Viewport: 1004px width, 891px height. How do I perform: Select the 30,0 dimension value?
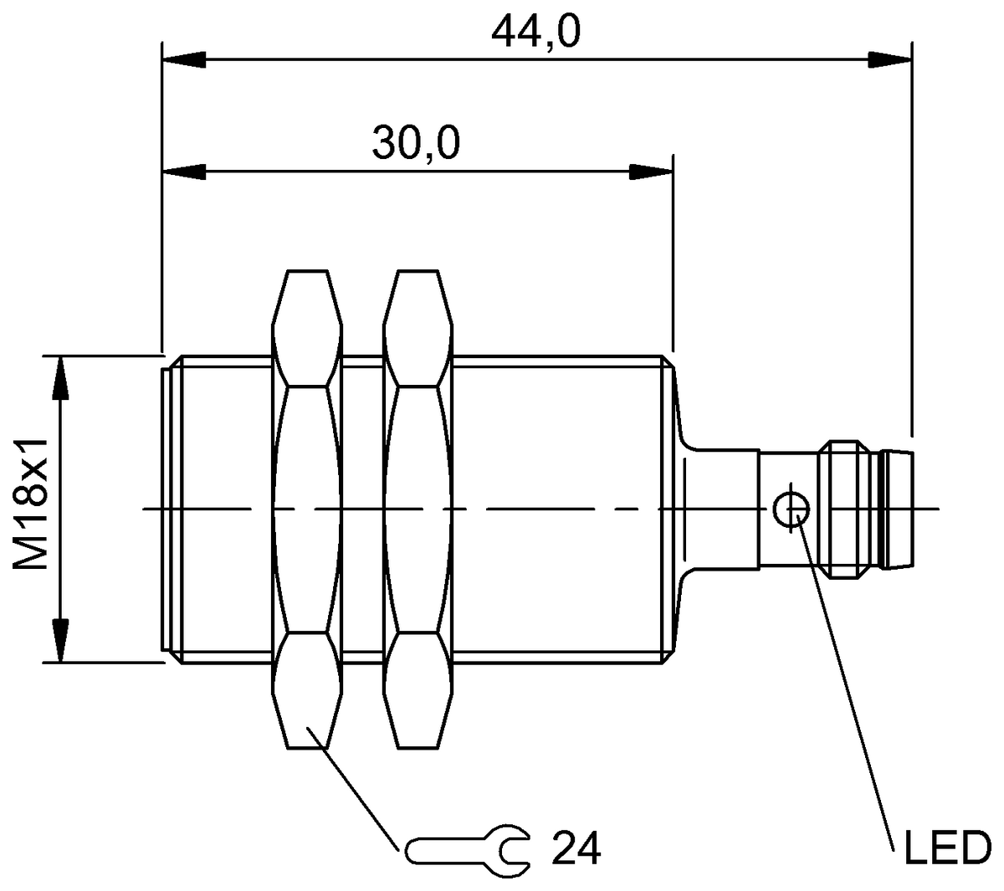(x=416, y=144)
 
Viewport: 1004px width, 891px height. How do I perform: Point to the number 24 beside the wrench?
(x=576, y=850)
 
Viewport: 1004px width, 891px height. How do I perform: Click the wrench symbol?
(x=467, y=850)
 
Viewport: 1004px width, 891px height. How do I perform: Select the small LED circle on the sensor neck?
(x=791, y=509)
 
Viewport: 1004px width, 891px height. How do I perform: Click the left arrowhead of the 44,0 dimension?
(x=184, y=59)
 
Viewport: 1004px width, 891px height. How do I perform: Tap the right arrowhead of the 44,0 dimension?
(x=889, y=59)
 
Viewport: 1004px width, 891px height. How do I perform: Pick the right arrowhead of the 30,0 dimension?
(x=651, y=172)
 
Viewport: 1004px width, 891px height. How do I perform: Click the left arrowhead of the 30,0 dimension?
(x=184, y=172)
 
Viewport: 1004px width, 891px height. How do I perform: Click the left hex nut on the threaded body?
(x=307, y=509)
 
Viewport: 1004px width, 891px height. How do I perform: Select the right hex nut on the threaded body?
(x=417, y=509)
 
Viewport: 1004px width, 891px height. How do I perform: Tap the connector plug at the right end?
(x=866, y=509)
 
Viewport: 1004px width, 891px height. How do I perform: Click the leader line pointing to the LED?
(x=845, y=669)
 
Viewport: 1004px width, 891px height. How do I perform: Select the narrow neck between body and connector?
(x=724, y=509)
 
